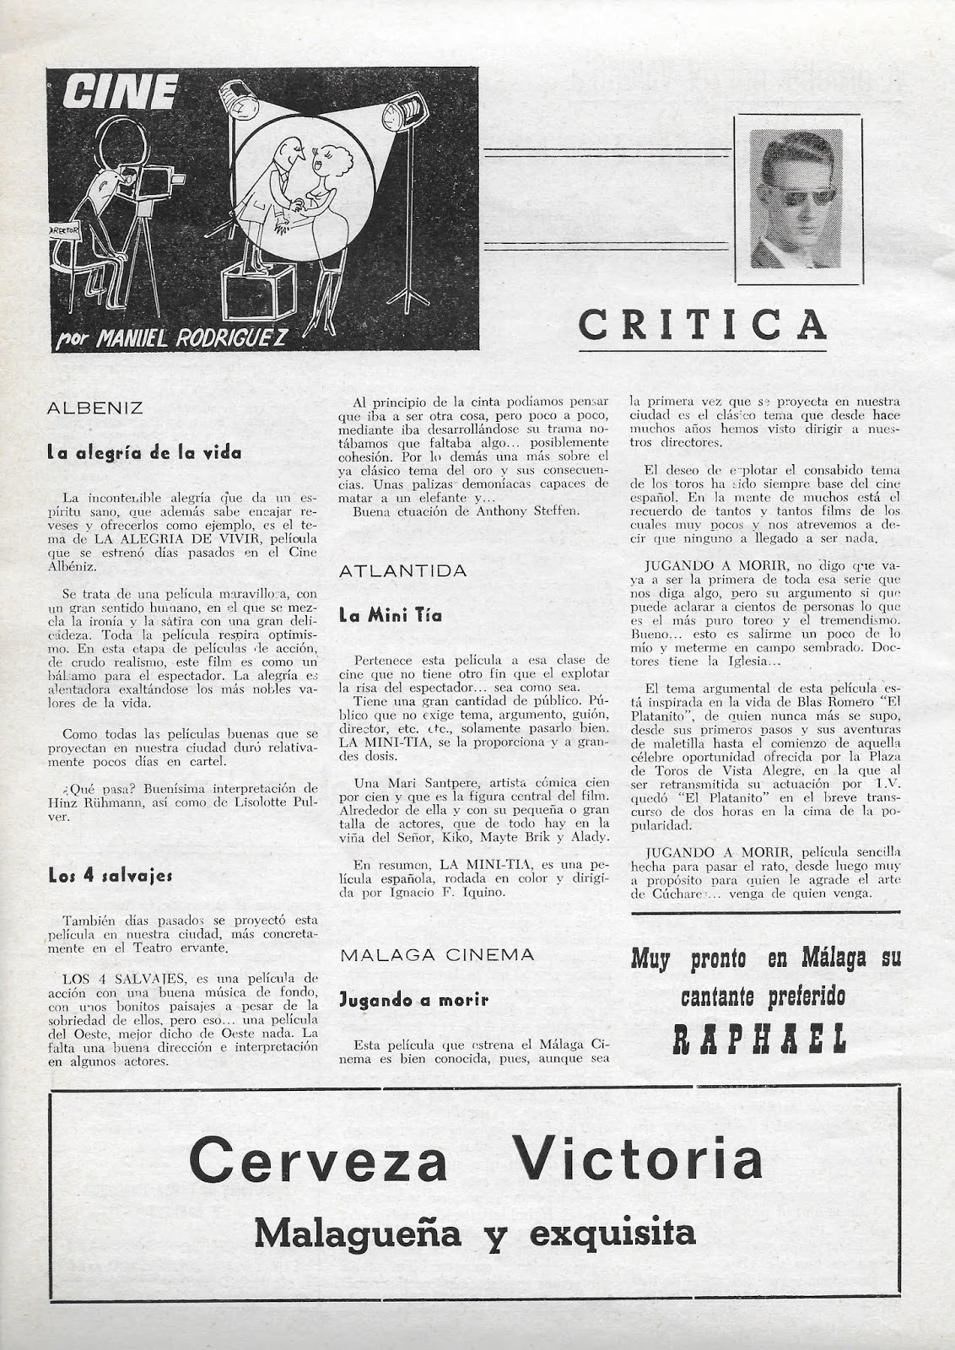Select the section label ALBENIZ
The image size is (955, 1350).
pos(94,408)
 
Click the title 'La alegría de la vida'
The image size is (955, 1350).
pos(144,453)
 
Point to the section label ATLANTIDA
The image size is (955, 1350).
pos(402,571)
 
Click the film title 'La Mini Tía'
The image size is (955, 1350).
pos(390,615)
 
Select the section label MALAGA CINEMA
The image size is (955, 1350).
pos(436,954)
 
